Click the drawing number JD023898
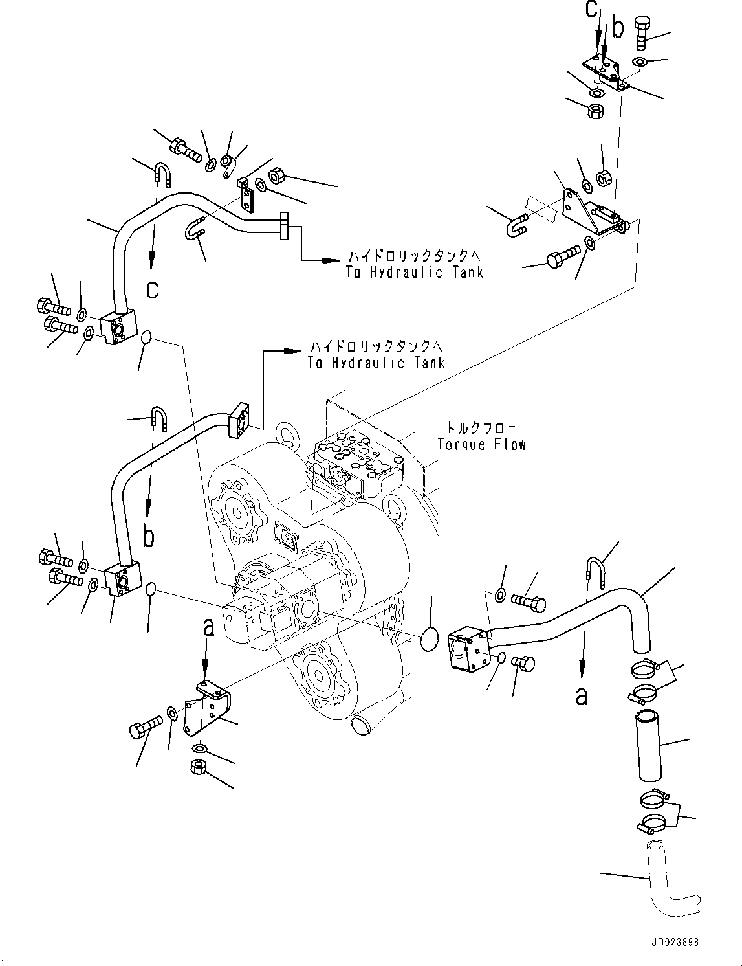coord(672,943)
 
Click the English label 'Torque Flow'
coord(481,444)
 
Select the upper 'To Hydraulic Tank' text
coord(414,272)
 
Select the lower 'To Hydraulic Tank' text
coord(376,363)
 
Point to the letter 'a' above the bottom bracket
coord(208,627)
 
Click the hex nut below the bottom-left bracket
coord(199,768)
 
